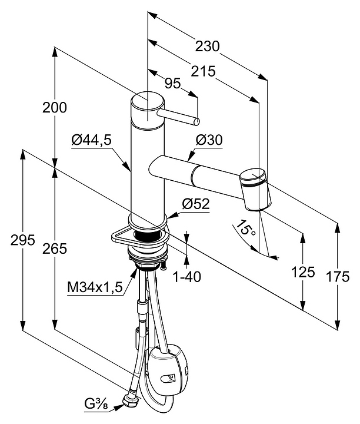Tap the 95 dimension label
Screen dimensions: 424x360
coord(172,83)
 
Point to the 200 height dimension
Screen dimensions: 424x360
coord(55,107)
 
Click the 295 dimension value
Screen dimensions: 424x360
coord(23,240)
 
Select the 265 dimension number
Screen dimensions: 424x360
coord(55,249)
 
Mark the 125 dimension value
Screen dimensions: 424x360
coord(304,272)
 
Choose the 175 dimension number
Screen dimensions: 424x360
coord(337,272)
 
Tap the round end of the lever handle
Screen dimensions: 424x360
coord(195,122)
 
